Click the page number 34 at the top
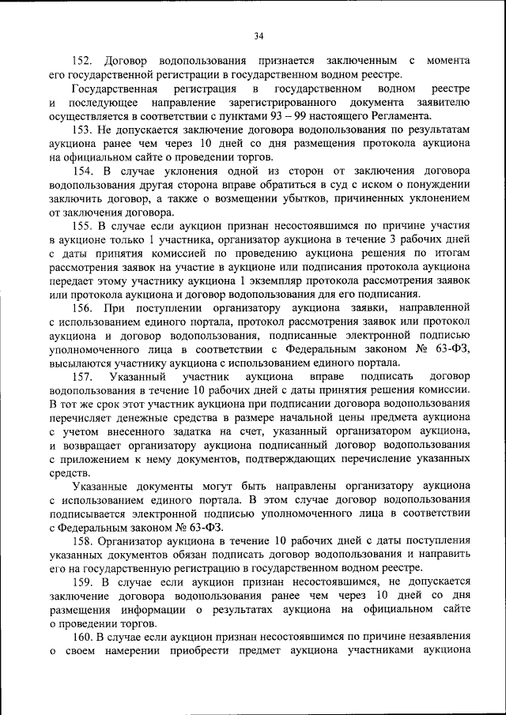(259, 35)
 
